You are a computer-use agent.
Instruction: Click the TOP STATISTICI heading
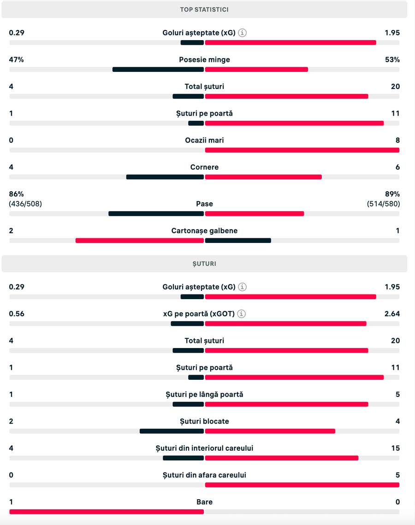point(204,9)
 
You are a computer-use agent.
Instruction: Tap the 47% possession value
point(16,59)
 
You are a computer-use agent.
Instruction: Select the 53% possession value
point(392,59)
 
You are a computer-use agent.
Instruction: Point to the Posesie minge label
point(204,59)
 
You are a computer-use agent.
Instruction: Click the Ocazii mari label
point(204,140)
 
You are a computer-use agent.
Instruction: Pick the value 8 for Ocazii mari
point(397,140)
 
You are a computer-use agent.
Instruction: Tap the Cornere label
point(204,167)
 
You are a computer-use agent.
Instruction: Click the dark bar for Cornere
point(165,177)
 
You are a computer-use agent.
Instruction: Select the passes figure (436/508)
point(25,204)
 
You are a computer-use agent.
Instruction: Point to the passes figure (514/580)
point(383,204)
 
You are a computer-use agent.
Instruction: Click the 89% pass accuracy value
point(392,194)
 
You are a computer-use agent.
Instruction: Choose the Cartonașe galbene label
point(204,230)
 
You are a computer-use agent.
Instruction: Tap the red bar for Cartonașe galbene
point(139,241)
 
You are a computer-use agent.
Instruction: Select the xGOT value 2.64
point(392,314)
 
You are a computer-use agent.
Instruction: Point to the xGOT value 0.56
point(17,314)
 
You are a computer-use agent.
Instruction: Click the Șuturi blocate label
point(204,421)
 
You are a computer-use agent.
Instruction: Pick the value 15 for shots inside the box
point(396,448)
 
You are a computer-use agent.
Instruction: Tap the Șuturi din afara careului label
point(204,475)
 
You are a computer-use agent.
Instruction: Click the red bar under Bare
point(107,512)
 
